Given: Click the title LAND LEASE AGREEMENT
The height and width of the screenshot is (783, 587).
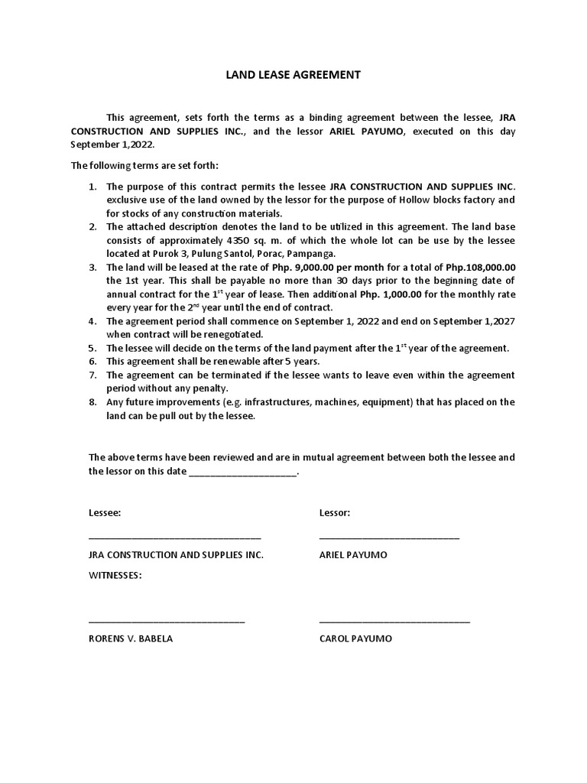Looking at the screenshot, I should (293, 75).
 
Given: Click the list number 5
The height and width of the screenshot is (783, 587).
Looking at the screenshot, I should (92, 348).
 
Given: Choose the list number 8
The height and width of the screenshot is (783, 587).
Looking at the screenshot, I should (92, 402).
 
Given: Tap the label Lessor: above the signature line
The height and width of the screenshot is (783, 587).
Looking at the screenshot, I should (334, 512).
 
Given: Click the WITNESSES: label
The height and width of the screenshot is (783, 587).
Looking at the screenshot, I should (115, 575).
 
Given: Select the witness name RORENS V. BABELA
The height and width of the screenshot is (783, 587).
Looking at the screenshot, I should (131, 638).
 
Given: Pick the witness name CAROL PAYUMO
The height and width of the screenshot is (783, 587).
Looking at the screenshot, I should (355, 638).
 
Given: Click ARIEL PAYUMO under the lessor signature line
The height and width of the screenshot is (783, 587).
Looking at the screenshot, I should (352, 554).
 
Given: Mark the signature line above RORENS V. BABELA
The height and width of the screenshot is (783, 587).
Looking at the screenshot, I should (167, 622).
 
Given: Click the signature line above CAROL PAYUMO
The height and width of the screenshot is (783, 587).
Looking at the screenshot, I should (394, 622).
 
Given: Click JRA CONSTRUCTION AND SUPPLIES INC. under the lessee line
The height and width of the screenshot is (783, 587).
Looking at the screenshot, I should (176, 554).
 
